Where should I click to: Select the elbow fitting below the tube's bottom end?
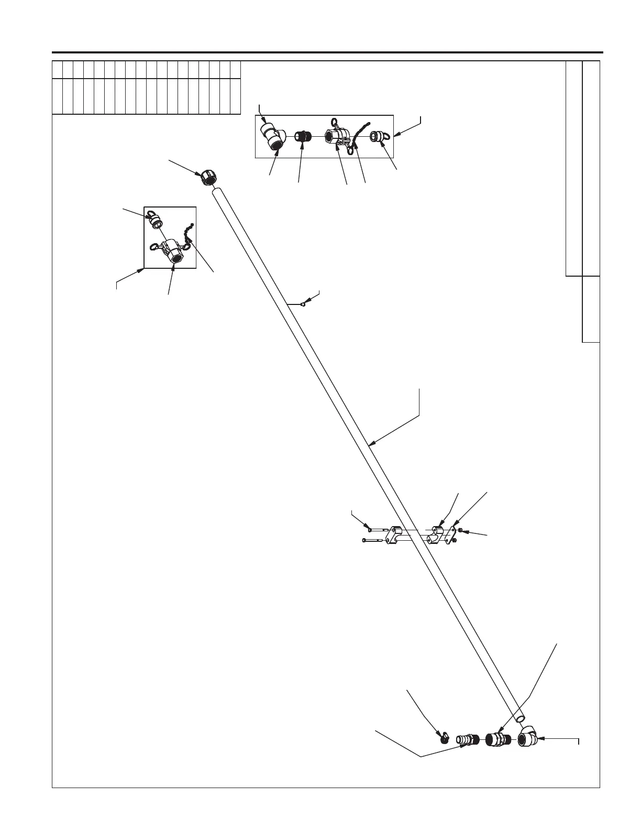click(x=526, y=739)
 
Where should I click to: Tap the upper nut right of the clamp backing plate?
click(x=460, y=530)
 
